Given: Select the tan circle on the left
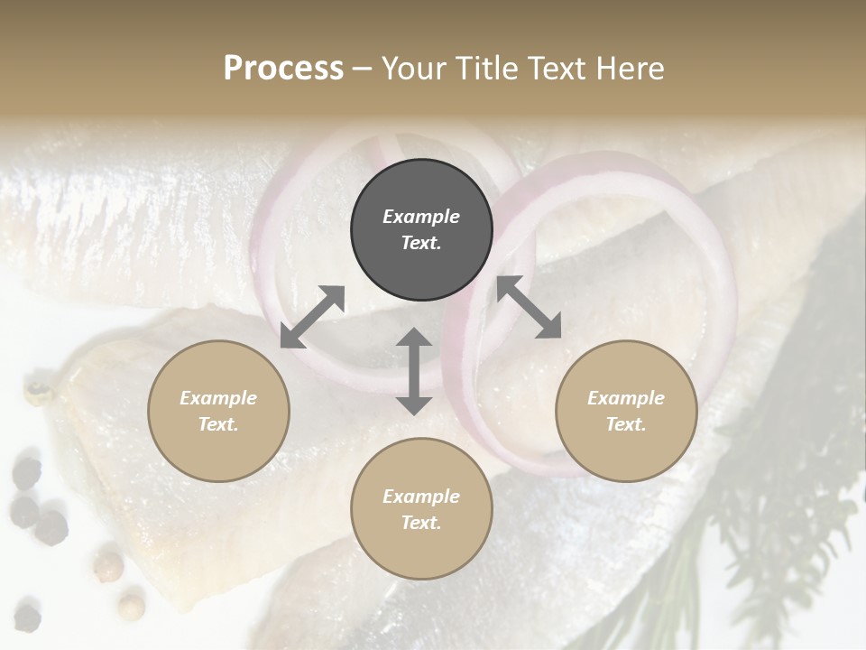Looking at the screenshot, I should click(x=218, y=410).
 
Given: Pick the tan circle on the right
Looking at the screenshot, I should click(x=626, y=410).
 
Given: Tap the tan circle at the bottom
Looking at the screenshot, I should click(x=421, y=508).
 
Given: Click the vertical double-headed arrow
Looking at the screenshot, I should click(x=414, y=371).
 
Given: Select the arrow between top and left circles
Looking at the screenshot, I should click(x=312, y=317).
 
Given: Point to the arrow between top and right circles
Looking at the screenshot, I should click(x=529, y=307).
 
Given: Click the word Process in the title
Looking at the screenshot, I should click(x=283, y=69).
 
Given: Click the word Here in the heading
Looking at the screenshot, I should click(x=631, y=69).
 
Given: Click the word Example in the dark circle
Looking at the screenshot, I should click(x=421, y=217).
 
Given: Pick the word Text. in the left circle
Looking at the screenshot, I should click(x=218, y=424).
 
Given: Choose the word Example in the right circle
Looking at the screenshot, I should click(x=626, y=398).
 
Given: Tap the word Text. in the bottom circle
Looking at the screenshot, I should click(x=421, y=523).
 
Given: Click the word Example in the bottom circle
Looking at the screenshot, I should click(x=421, y=497).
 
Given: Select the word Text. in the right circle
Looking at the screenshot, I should click(x=626, y=424).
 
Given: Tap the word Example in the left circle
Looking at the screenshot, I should click(x=218, y=398).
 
